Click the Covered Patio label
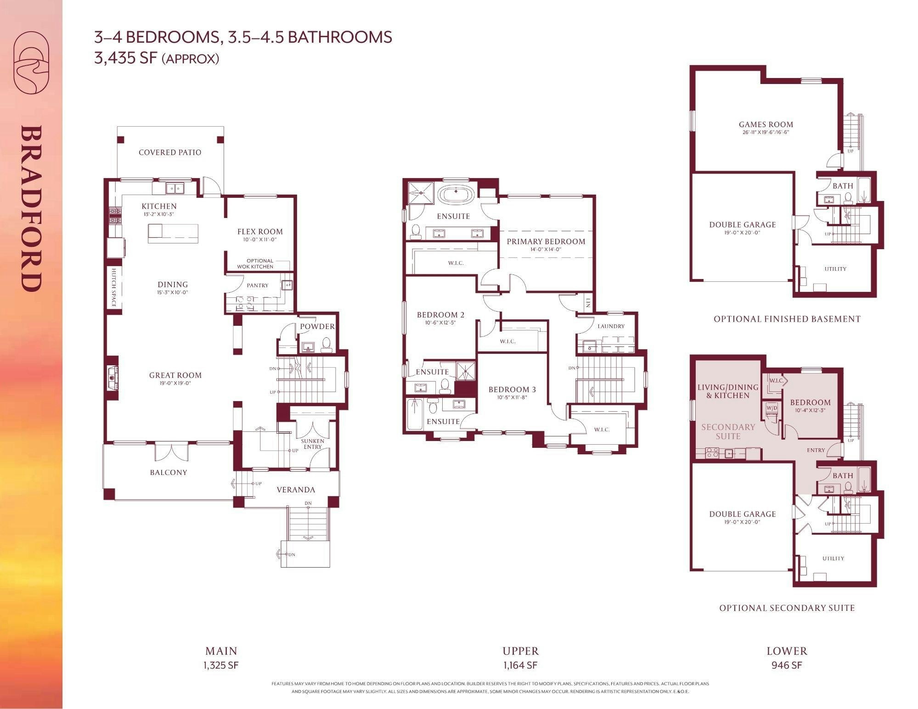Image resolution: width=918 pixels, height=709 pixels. point(170,152)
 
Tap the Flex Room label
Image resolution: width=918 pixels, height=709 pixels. point(260,232)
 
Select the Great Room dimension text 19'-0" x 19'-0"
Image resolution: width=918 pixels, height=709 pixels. point(175,383)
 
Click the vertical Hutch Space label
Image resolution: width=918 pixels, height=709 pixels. point(113,288)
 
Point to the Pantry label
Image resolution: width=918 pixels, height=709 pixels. point(258,285)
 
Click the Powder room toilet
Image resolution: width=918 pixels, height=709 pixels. point(326,345)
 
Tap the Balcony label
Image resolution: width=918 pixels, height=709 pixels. point(169,472)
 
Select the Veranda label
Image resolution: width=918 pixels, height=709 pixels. point(296,490)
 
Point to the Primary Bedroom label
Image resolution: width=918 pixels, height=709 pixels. point(546,241)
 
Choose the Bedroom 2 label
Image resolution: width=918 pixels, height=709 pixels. point(440,315)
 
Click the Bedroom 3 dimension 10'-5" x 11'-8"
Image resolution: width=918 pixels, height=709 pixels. point(512,398)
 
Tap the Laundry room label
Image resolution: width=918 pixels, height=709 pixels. point(611,326)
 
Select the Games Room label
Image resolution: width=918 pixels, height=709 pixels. point(766,124)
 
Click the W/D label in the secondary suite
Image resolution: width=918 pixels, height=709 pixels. point(772,408)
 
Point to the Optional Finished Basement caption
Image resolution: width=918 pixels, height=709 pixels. point(787,319)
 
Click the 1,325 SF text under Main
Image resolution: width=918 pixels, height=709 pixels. point(221,665)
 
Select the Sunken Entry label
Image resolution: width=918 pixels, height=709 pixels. point(313,444)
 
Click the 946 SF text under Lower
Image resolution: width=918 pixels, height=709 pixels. point(787,665)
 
